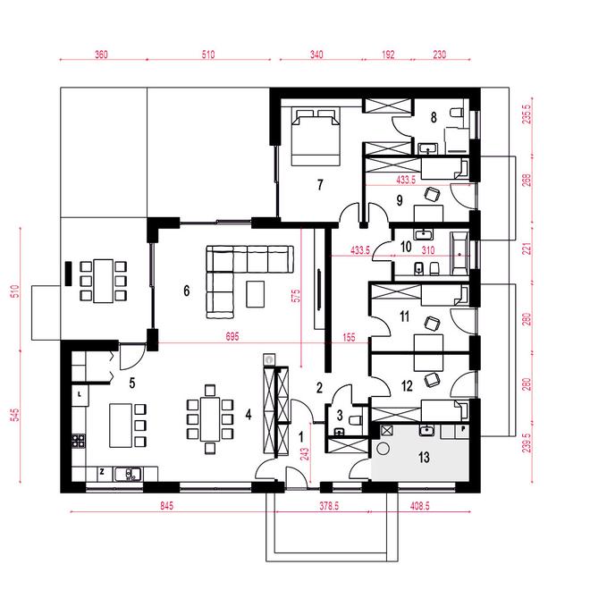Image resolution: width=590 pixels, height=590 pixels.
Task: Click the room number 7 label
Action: (320, 185)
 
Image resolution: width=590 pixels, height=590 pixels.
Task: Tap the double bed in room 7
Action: (316, 137)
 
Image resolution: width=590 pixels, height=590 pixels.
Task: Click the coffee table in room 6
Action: (255, 294)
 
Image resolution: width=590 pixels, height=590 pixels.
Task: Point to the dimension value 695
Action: (232, 336)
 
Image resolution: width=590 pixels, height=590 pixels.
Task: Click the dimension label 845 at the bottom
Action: (166, 506)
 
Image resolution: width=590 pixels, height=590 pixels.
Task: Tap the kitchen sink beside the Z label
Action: (128, 474)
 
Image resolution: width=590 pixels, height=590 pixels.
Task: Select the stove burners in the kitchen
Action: (79, 441)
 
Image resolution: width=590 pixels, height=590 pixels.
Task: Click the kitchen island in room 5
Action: (121, 426)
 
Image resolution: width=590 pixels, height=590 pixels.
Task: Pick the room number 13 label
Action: (424, 457)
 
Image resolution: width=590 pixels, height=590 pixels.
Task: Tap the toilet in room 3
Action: (356, 420)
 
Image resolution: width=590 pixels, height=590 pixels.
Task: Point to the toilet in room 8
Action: (457, 112)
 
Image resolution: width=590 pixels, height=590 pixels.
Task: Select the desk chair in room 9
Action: (432, 194)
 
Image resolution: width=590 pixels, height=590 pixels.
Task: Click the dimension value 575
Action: (297, 295)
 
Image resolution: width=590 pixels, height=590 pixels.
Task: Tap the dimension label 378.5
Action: (329, 506)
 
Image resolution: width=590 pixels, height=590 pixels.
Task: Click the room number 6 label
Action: (186, 291)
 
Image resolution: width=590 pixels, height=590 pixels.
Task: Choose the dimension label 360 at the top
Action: (101, 55)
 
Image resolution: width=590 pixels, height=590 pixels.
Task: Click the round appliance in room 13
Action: (383, 449)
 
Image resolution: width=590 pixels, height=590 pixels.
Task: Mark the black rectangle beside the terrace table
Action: (69, 274)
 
